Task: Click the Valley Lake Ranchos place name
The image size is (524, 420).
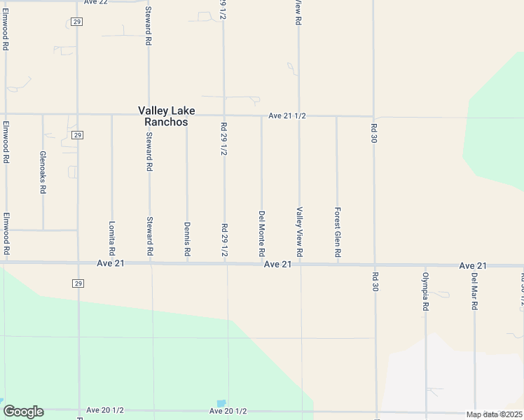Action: coord(167,116)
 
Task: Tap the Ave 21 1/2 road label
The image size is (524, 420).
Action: coord(287,115)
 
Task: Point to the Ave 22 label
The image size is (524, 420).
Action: coord(95,3)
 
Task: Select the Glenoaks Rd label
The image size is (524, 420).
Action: coord(43,172)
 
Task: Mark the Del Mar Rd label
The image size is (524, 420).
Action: coord(474,289)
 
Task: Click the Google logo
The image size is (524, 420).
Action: coord(23,412)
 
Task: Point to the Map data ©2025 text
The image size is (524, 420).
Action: coord(494,414)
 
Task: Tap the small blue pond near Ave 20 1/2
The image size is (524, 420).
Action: coord(221,404)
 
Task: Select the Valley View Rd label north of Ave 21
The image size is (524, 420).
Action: coord(299,231)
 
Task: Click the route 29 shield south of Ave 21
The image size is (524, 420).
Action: coord(77,283)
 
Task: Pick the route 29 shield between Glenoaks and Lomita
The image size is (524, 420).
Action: coord(77,135)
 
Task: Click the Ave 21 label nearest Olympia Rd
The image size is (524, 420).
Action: coord(473,266)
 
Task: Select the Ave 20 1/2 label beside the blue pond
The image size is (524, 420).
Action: coord(228,411)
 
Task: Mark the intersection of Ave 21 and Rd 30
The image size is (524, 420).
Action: coord(374,265)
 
